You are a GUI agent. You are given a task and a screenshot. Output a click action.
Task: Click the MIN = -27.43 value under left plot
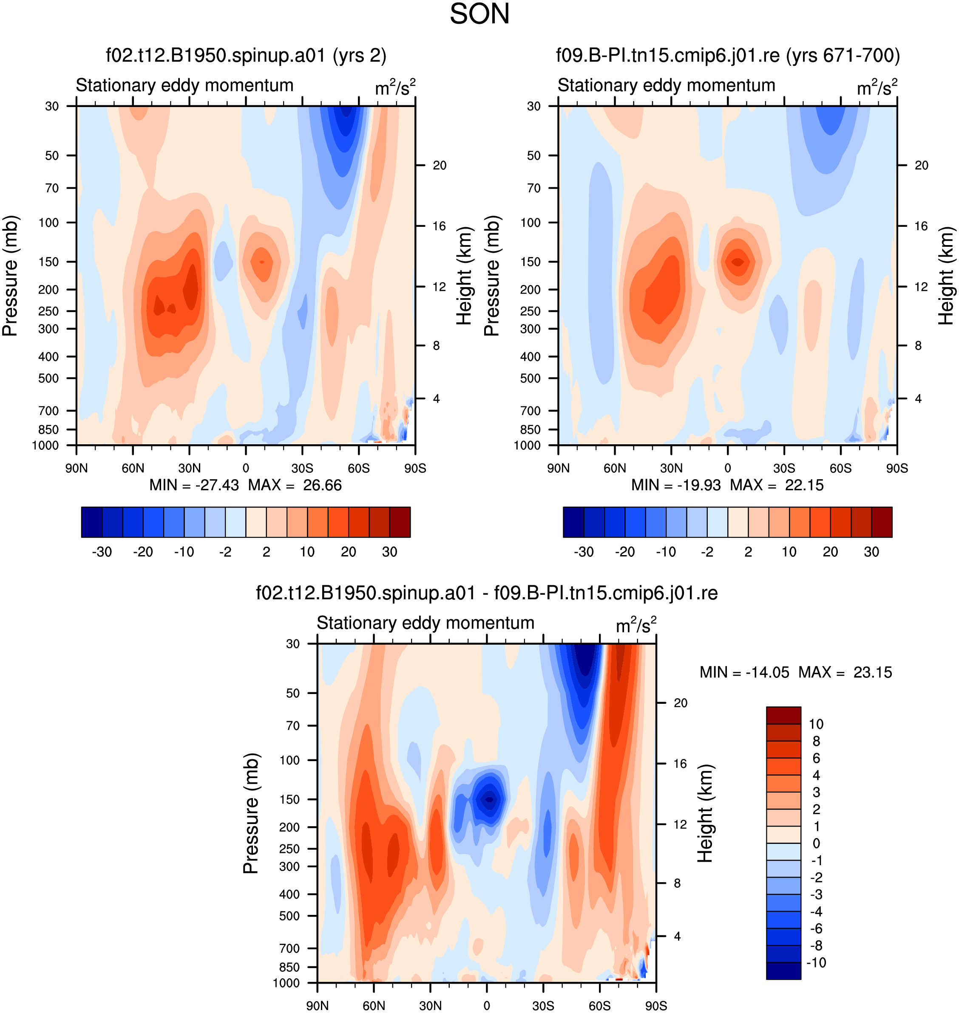tap(194, 485)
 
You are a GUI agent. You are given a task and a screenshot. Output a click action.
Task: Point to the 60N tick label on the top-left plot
tap(133, 468)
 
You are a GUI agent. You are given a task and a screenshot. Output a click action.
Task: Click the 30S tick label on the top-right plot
tap(784, 468)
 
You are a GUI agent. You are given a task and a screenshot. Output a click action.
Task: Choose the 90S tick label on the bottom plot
tap(656, 1006)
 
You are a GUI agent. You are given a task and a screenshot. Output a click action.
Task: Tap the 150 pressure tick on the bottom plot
tap(289, 799)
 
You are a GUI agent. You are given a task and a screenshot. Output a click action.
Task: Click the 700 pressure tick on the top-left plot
tap(48, 411)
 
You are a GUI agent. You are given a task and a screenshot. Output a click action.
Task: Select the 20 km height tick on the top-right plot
tap(921, 166)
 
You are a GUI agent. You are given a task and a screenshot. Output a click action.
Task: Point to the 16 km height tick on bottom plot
tap(680, 764)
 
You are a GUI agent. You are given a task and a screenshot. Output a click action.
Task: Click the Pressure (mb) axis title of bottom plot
tap(251, 813)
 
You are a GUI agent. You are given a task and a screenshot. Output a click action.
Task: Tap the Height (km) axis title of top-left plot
tap(464, 276)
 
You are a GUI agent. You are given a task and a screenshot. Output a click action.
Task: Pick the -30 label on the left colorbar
tap(102, 552)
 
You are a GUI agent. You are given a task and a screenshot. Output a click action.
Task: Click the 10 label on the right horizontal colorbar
tap(789, 552)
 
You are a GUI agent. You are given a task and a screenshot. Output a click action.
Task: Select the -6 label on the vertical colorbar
tap(816, 928)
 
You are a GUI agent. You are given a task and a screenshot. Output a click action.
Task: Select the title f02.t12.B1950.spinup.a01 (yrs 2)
tap(246, 55)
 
